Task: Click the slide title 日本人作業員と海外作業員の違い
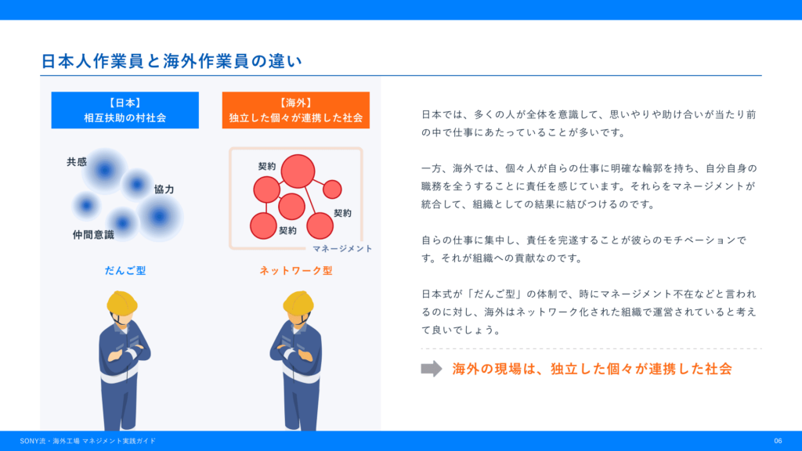pyautogui.click(x=172, y=61)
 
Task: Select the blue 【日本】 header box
pyautogui.click(x=125, y=110)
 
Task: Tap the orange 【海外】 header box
pyautogui.click(x=295, y=110)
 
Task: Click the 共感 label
pyautogui.click(x=77, y=162)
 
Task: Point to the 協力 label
pyautogui.click(x=164, y=189)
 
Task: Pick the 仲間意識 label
pyautogui.click(x=93, y=235)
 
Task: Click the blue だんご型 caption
pyautogui.click(x=125, y=270)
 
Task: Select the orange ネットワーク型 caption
pyautogui.click(x=296, y=270)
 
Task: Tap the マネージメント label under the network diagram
pyautogui.click(x=342, y=248)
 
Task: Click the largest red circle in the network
pyautogui.click(x=298, y=171)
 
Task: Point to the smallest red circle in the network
pyautogui.click(x=332, y=189)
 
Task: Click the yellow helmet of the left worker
pyautogui.click(x=121, y=302)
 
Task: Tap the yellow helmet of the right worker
pyautogui.click(x=298, y=302)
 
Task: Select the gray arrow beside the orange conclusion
pyautogui.click(x=432, y=369)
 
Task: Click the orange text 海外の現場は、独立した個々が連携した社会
pyautogui.click(x=592, y=369)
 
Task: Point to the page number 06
pyautogui.click(x=778, y=441)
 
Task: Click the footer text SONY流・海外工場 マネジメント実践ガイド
pyautogui.click(x=88, y=441)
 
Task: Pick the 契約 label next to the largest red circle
pyautogui.click(x=267, y=166)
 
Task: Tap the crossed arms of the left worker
pyautogui.click(x=125, y=352)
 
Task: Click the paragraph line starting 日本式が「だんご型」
pyautogui.click(x=589, y=294)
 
